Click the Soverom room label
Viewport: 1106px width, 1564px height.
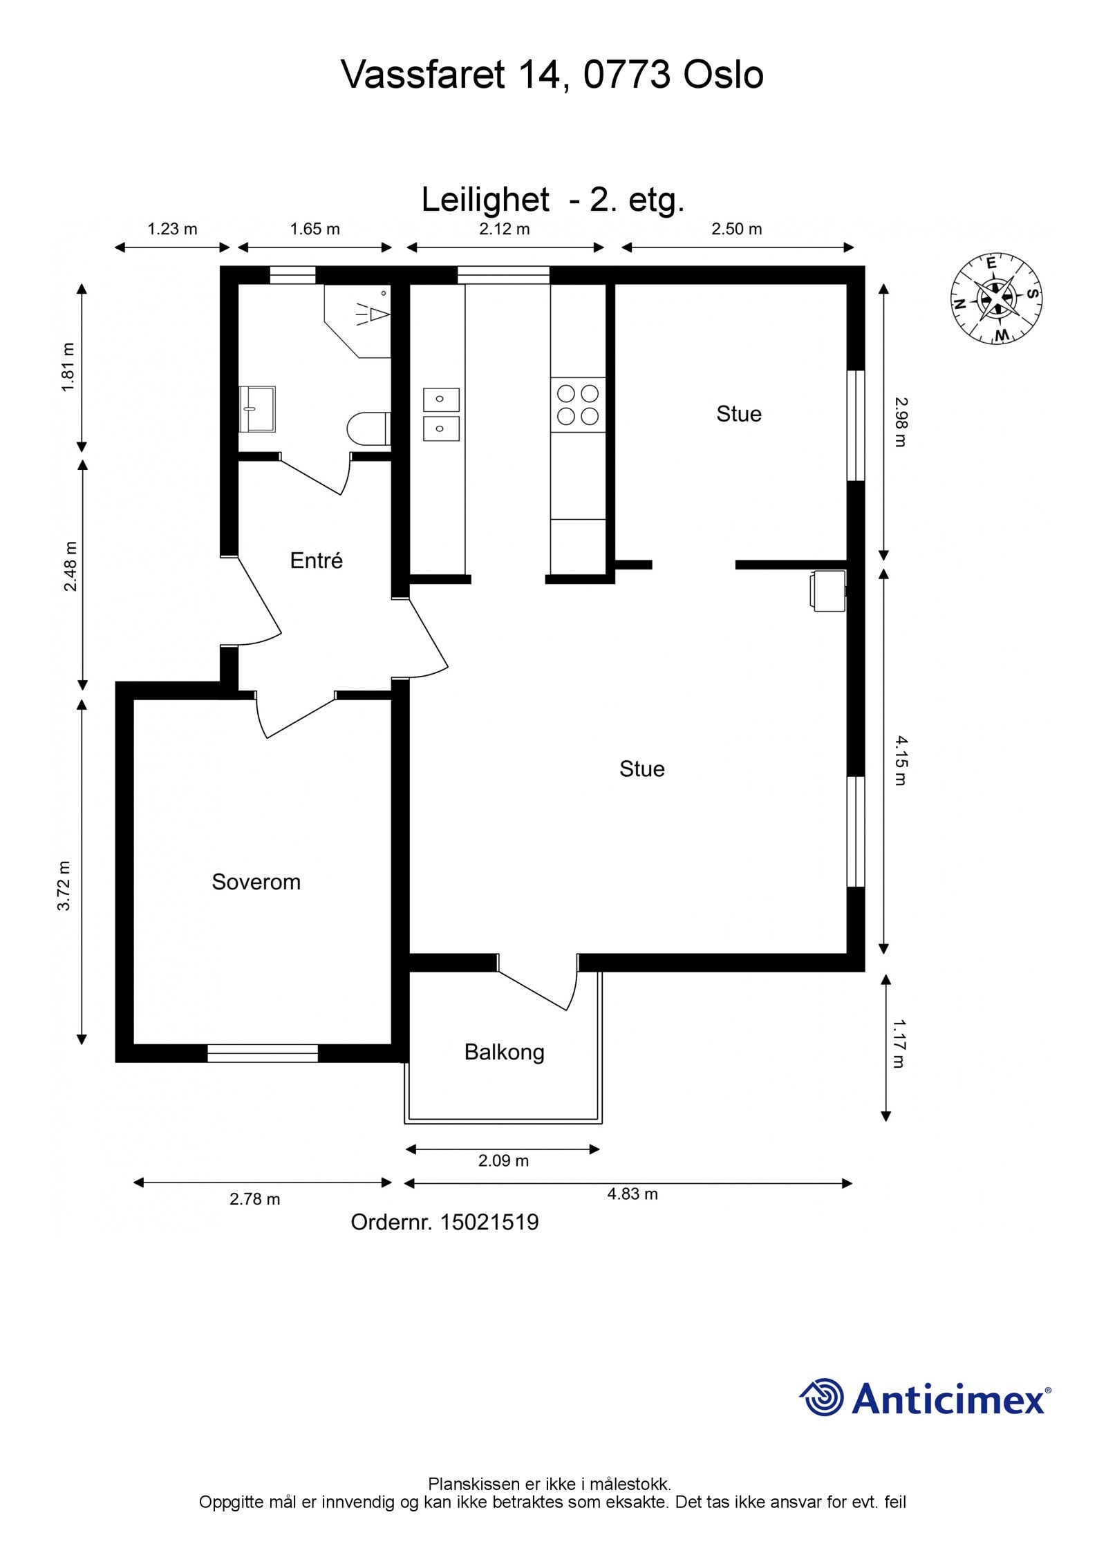(x=256, y=882)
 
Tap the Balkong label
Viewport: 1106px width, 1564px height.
(x=504, y=1053)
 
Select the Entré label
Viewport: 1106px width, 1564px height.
(x=317, y=560)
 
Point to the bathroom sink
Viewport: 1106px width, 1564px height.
(x=257, y=409)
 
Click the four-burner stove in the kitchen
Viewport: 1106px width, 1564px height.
(x=578, y=405)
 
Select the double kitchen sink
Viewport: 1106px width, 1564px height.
(x=442, y=414)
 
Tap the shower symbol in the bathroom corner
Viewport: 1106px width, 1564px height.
(x=373, y=315)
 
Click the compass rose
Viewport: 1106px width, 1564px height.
(x=996, y=299)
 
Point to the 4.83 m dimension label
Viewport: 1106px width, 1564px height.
(x=632, y=1194)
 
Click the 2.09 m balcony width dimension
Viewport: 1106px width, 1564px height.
(x=503, y=1161)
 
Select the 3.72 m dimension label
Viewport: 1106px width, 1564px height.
(x=64, y=885)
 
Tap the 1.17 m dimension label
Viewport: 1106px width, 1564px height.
(x=899, y=1044)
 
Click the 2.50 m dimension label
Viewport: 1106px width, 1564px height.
(x=737, y=229)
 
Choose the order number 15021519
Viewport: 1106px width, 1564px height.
(x=489, y=1223)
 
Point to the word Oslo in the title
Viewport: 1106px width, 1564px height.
(x=724, y=75)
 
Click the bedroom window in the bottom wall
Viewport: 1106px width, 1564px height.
(x=263, y=1053)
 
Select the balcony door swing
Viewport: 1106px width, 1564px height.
(x=538, y=982)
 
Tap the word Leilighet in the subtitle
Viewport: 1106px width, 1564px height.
(x=485, y=200)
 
